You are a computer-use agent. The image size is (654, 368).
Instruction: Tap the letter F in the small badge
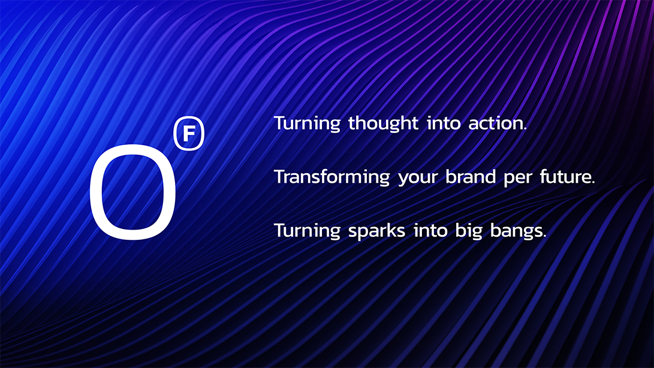point(189,134)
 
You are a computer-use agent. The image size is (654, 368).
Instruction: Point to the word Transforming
point(332,177)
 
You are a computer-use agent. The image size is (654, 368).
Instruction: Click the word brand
point(471,177)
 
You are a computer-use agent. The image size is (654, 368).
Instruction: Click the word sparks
point(376,231)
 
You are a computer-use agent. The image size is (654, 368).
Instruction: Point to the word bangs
point(516,231)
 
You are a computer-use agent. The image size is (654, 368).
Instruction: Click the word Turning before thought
point(307,124)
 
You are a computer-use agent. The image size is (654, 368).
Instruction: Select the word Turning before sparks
point(307,231)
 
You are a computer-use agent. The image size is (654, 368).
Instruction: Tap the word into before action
point(444,124)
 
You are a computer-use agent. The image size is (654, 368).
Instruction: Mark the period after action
point(525,129)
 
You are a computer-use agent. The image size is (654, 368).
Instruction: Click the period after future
point(593,183)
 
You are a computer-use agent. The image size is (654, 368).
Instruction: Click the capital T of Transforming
point(280,177)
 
